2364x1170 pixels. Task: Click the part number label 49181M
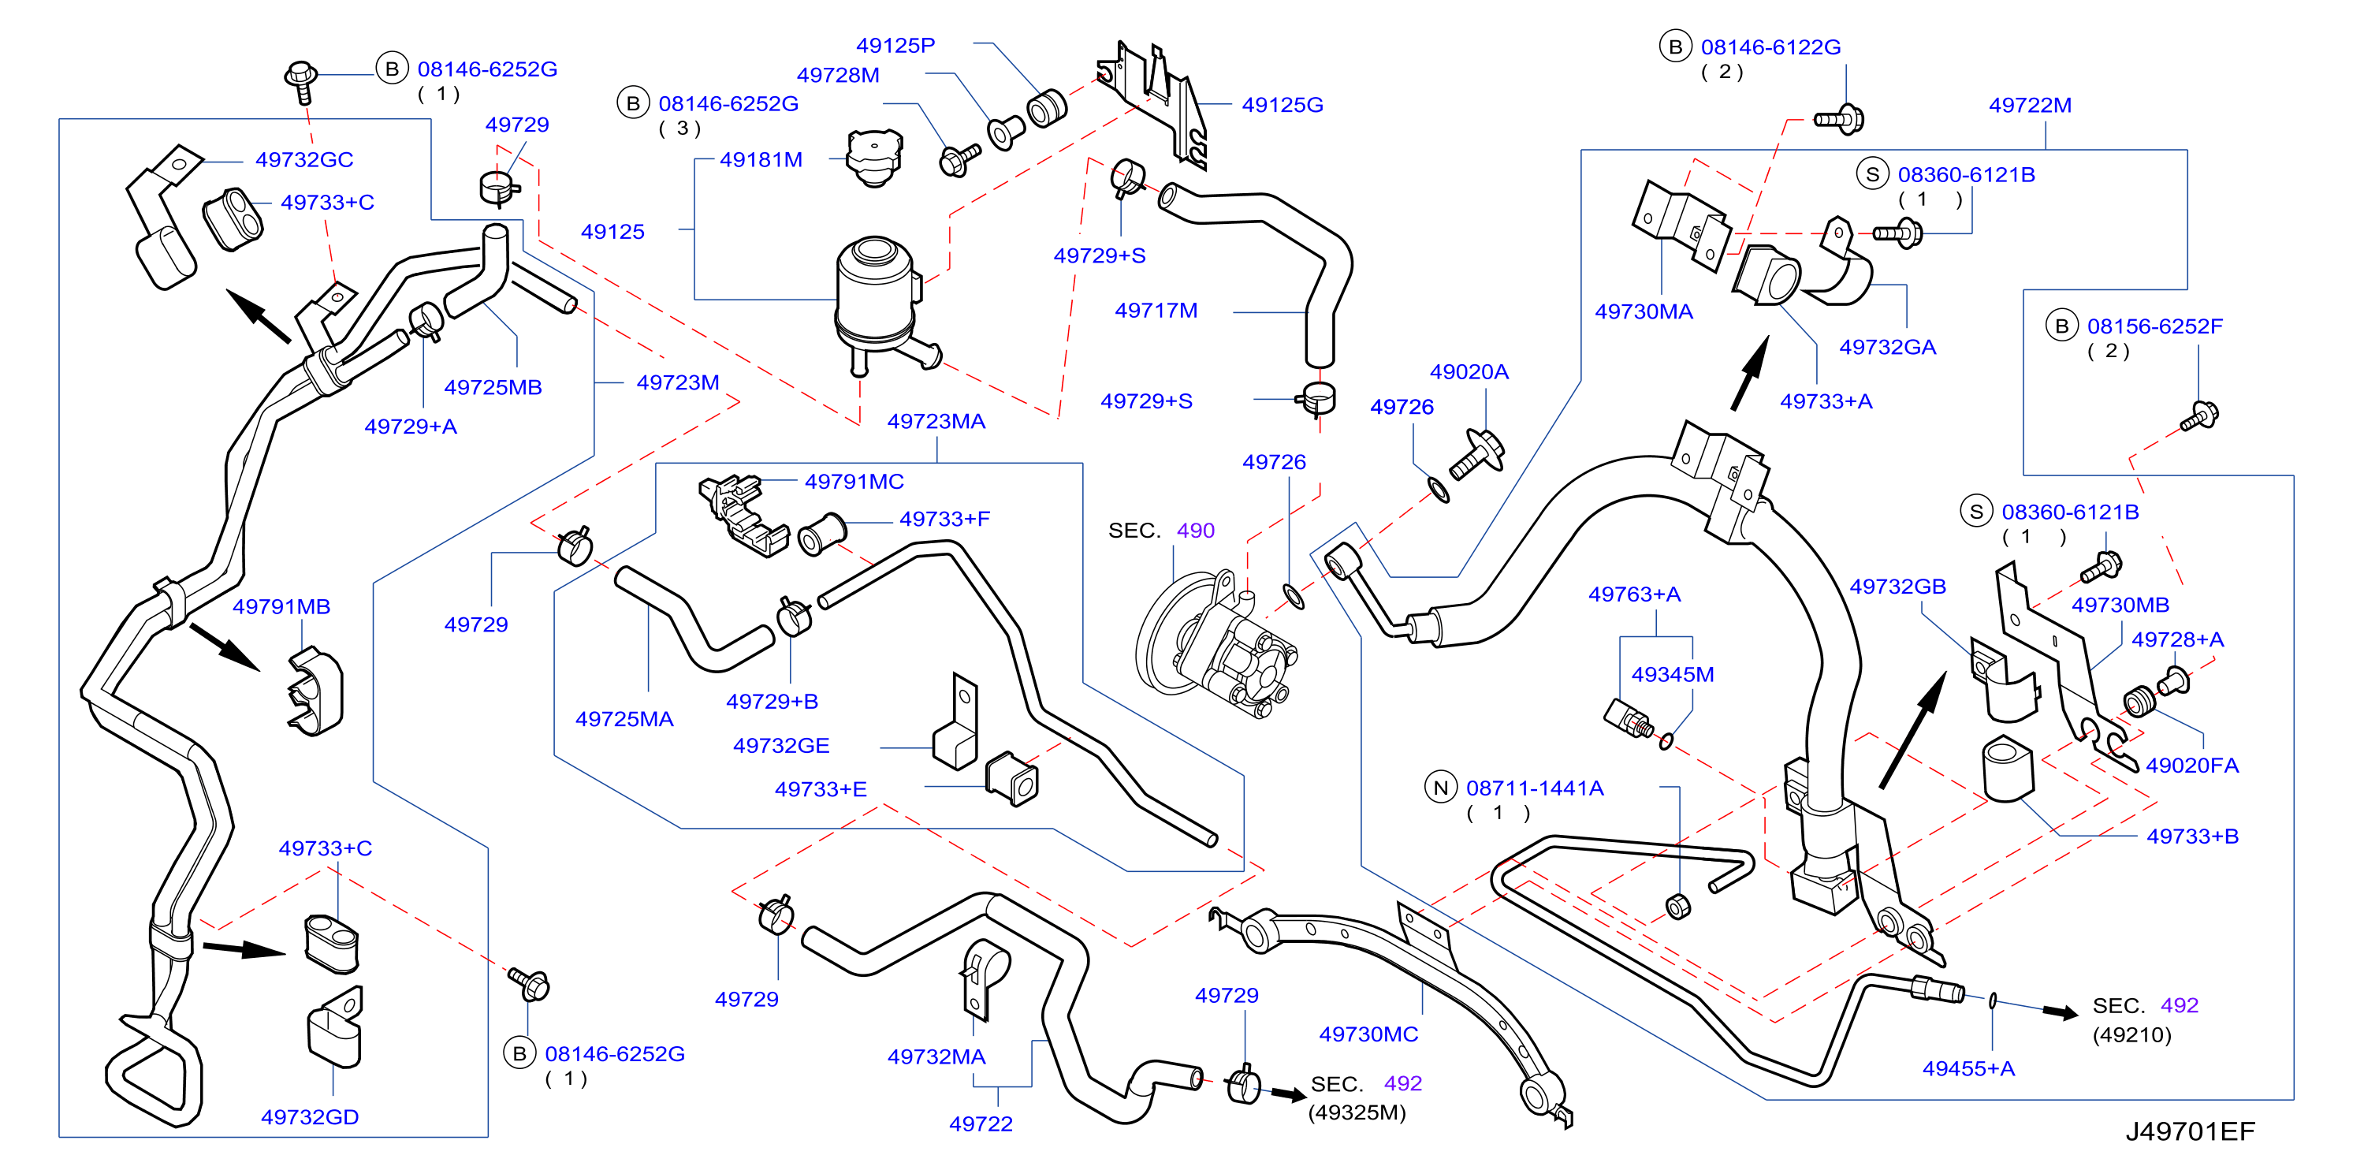point(761,160)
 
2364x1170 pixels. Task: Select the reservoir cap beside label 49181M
point(873,158)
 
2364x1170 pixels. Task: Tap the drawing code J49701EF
point(2190,1131)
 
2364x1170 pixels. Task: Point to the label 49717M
point(1156,310)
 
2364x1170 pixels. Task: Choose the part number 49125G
point(1282,105)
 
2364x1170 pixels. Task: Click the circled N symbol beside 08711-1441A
point(1441,788)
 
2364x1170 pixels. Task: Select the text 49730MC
point(1368,1034)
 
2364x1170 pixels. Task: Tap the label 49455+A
point(1968,1068)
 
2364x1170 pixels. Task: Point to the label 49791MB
point(281,606)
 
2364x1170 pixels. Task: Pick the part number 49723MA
point(936,421)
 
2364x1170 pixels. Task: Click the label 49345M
point(1672,674)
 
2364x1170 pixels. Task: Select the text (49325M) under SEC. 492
point(1357,1112)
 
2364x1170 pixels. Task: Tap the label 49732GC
point(303,160)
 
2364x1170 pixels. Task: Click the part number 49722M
point(2030,105)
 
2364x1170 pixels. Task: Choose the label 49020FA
point(2191,766)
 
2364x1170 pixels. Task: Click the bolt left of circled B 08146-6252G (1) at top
point(301,82)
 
